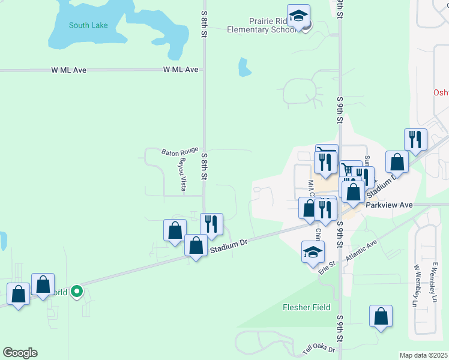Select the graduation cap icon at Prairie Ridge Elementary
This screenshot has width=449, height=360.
298,16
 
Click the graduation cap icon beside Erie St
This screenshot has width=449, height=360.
313,253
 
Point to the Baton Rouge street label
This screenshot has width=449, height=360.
179,151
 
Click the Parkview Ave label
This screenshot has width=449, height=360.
390,205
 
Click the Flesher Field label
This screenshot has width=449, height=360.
306,307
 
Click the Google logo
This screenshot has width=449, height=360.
20,353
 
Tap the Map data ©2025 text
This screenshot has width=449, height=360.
423,355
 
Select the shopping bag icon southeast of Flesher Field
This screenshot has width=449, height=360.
381,316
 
